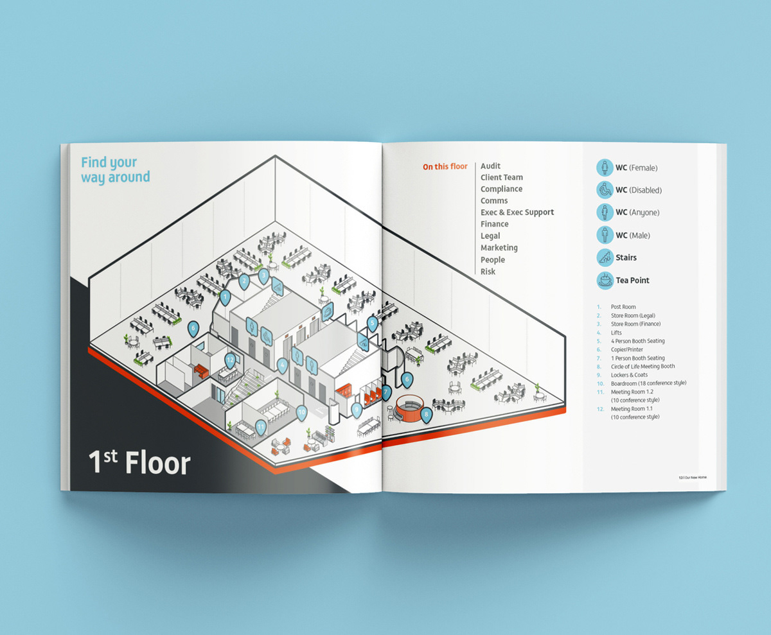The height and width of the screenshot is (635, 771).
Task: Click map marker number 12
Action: [230, 360]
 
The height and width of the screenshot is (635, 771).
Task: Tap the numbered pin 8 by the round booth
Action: [426, 414]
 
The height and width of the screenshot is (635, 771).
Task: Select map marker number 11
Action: [260, 426]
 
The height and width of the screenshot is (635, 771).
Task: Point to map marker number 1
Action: [225, 297]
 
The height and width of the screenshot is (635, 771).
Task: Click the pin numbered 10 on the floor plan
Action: [302, 413]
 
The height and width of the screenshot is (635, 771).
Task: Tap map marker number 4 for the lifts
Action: [281, 365]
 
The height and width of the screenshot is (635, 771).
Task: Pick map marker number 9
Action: [357, 407]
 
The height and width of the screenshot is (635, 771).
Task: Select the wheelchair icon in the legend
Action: [605, 190]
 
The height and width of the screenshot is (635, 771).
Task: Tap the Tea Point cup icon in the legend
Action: [605, 280]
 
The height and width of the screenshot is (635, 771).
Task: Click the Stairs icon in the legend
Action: [605, 257]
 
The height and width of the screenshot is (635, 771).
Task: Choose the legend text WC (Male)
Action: [633, 236]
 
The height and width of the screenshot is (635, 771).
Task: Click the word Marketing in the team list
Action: [499, 248]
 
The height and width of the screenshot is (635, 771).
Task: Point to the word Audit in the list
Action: [490, 166]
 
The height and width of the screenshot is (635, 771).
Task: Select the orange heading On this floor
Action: [445, 167]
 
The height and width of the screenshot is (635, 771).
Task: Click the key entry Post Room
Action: [623, 308]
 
